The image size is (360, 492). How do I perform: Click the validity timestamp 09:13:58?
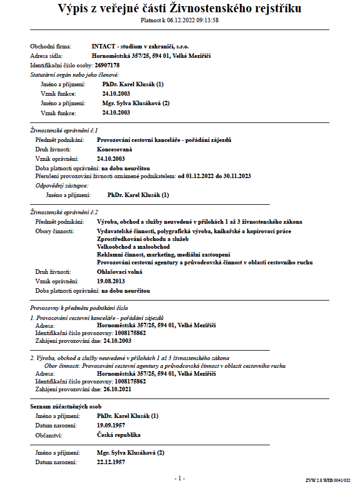pos(205,20)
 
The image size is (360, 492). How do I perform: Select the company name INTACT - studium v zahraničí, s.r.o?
pos(144,46)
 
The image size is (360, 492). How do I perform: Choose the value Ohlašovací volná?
pos(120,272)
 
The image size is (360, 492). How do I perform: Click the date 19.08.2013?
pos(111,281)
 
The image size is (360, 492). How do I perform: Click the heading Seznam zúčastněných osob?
pos(66,407)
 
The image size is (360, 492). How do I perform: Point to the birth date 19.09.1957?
pos(111,425)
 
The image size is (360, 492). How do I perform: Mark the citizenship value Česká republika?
pos(119,435)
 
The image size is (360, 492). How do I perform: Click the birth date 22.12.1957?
pos(111,462)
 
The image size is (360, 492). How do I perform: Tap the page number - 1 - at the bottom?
pos(179,478)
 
